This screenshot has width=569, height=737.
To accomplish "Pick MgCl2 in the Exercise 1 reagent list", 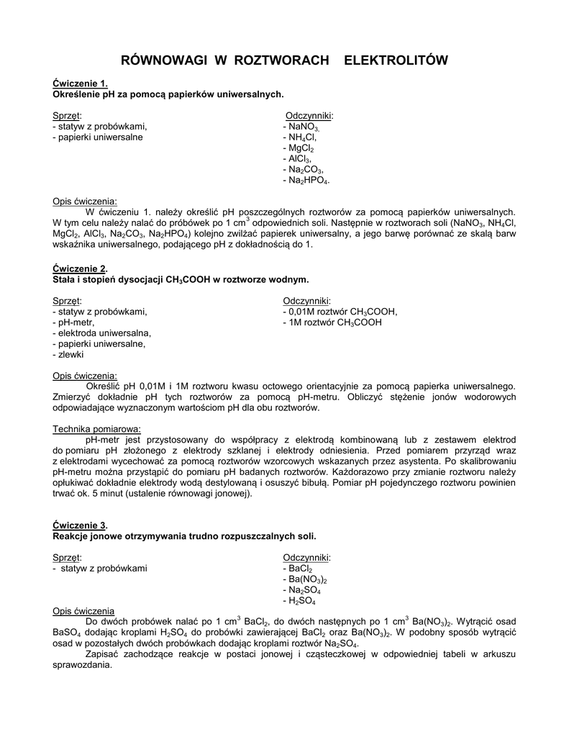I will tap(302, 148).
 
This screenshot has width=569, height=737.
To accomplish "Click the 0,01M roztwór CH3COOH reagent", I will tap(342, 312).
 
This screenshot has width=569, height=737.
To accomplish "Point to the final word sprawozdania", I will tap(82, 665).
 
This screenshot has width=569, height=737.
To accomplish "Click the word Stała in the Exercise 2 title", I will tap(66, 279).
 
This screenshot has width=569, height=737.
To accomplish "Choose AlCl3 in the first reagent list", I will tap(300, 158).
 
